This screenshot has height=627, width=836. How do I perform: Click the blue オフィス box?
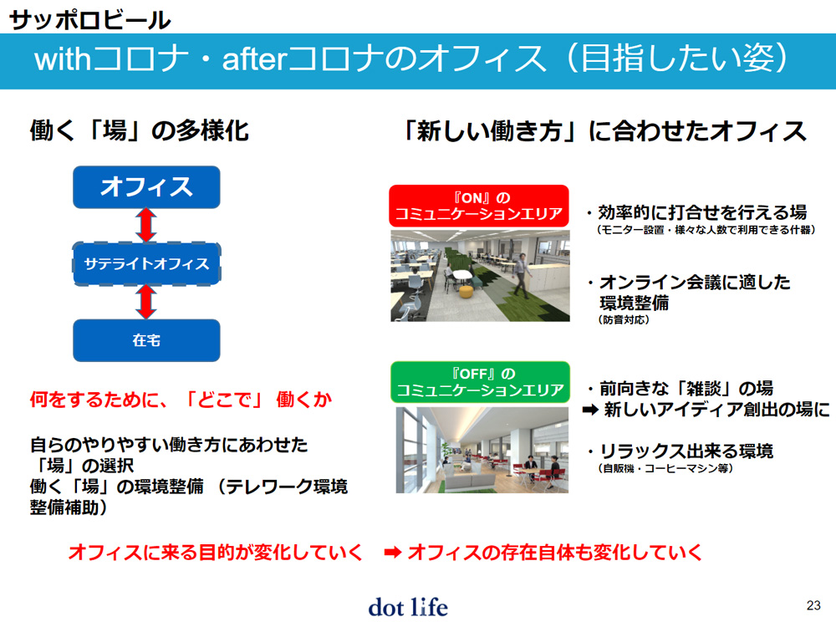146,186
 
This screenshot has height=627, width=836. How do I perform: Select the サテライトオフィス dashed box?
146,263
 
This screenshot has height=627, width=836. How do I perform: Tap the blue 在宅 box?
146,340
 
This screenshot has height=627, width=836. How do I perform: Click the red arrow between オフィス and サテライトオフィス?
146,225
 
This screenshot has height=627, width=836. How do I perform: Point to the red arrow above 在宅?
146,302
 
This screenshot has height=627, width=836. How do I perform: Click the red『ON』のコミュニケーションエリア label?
479,206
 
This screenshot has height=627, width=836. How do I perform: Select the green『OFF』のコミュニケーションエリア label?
480,382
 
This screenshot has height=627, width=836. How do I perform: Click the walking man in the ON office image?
522,275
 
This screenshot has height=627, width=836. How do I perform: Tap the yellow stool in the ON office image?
466,292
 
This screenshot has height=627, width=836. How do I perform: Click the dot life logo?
409,607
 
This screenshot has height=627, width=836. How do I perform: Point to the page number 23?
813,605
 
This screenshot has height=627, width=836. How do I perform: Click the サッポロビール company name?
89,20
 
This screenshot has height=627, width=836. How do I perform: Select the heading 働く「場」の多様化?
139,130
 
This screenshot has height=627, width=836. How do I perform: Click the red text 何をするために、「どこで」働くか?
181,399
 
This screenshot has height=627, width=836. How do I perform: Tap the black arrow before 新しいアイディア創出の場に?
591,410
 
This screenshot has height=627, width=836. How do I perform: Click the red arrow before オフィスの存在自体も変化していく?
393,553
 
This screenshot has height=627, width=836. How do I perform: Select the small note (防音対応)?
624,320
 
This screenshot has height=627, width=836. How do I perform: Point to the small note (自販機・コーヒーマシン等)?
665,468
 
